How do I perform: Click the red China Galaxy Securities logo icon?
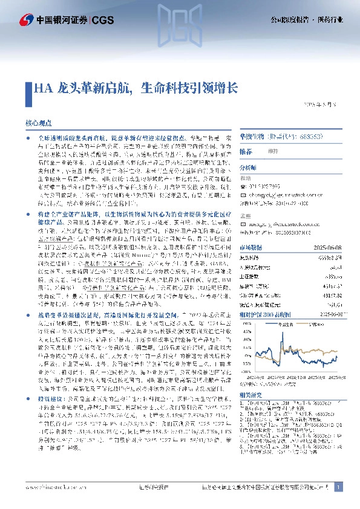[x=27, y=20]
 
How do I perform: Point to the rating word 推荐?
[x=246, y=151]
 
